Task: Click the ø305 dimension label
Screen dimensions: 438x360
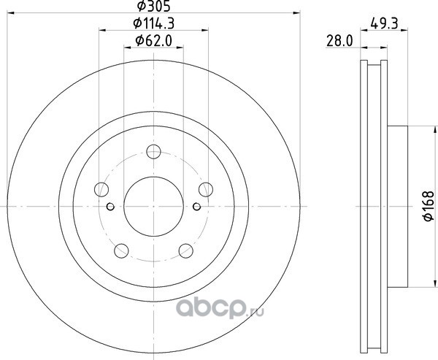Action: (153, 6)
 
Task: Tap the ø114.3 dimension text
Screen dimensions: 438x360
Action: (153, 23)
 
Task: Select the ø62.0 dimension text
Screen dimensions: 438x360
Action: (153, 41)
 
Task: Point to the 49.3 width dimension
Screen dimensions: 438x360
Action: (384, 23)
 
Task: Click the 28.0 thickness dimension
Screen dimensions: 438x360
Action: (339, 41)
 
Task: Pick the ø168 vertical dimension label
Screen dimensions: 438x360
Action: (429, 206)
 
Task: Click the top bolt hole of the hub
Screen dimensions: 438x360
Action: (153, 152)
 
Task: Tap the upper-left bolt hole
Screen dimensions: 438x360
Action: (101, 190)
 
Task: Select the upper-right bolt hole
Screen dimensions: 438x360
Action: (206, 190)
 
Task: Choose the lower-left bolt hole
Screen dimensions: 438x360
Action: (121, 250)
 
